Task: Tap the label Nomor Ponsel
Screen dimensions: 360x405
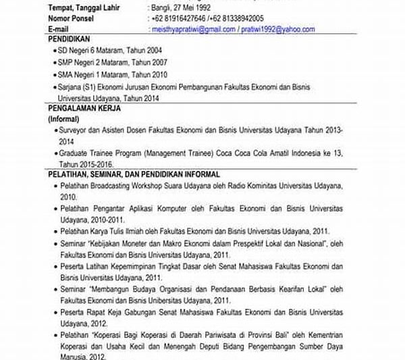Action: click(74, 19)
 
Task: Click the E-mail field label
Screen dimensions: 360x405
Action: click(61, 30)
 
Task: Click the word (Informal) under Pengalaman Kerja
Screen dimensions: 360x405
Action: click(64, 118)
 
